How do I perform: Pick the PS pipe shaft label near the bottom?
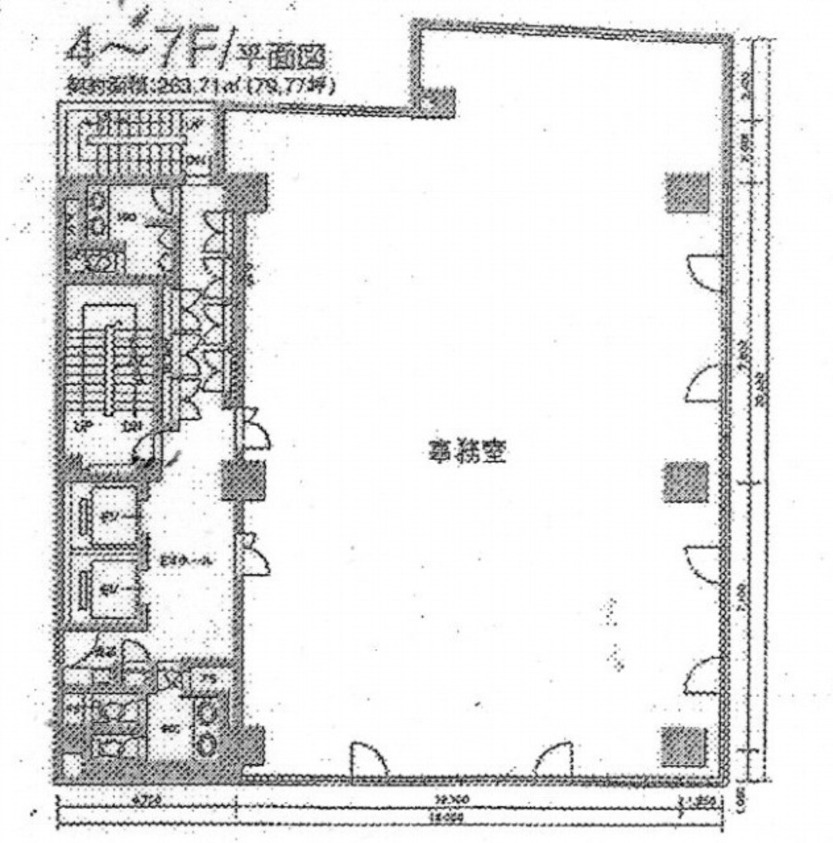pyautogui.click(x=209, y=678)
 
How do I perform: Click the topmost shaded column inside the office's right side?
pyautogui.click(x=686, y=192)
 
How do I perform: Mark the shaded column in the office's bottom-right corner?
pyautogui.click(x=684, y=746)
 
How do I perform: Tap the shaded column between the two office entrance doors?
pyautogui.click(x=243, y=482)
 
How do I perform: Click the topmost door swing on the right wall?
pyautogui.click(x=703, y=270)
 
